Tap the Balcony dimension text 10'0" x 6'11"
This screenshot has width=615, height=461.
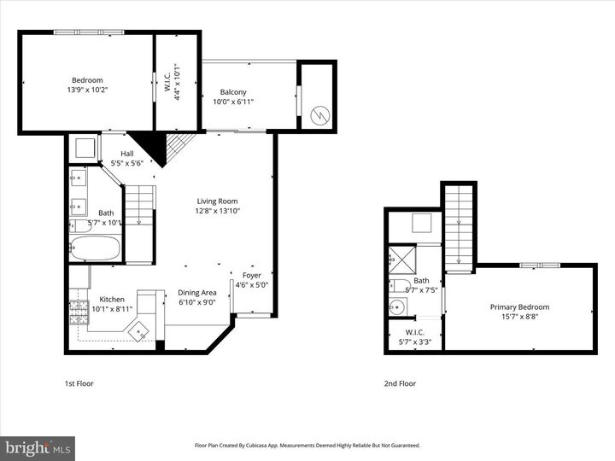coord(233,102)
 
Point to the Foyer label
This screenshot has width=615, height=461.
coord(252,275)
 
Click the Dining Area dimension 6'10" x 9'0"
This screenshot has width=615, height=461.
coord(197,301)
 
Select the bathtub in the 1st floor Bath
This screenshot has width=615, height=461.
coord(95,248)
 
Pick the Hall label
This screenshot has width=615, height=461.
coord(126,153)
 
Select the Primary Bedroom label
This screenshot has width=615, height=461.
coord(519,306)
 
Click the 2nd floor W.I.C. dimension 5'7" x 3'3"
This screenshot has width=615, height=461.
coord(415,342)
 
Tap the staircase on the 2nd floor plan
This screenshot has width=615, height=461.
coord(459,218)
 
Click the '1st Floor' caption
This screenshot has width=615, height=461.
coord(79,383)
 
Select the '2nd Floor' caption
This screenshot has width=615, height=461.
coord(400,383)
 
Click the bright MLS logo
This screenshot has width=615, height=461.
coord(38,448)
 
